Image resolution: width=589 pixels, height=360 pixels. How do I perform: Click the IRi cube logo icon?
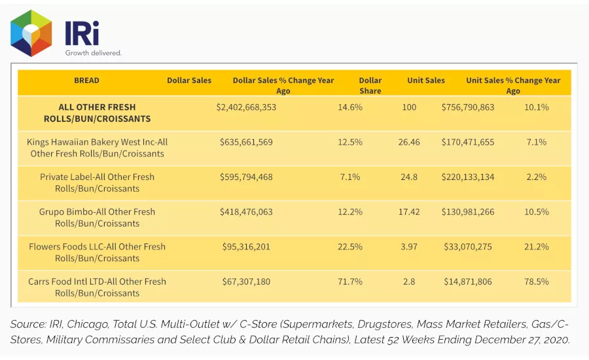(31, 33)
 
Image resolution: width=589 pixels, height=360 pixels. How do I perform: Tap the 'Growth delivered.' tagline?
(93, 53)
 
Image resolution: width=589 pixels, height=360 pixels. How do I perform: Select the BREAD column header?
(86, 81)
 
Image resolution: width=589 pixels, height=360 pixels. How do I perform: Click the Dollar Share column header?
(370, 86)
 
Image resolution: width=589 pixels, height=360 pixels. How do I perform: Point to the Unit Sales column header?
(426, 81)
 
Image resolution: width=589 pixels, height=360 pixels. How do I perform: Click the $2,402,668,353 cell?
(246, 107)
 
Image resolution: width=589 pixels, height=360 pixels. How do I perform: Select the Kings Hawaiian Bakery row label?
(97, 148)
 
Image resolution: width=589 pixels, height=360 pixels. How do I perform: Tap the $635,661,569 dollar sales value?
(246, 143)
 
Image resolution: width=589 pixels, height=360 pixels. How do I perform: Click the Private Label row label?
(97, 183)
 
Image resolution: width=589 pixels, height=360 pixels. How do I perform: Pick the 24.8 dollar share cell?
(409, 177)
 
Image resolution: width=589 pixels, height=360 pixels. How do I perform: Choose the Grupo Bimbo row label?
(97, 217)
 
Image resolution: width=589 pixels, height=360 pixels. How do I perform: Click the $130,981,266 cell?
(468, 212)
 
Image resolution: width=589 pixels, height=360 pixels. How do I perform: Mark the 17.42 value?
(409, 212)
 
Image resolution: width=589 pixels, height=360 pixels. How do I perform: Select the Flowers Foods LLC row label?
(97, 253)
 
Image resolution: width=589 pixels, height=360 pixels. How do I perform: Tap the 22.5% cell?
(350, 247)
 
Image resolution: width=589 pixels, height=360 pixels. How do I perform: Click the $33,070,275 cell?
(468, 247)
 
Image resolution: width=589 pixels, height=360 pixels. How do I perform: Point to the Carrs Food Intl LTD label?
(97, 287)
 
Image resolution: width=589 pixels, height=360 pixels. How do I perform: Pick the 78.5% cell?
(537, 282)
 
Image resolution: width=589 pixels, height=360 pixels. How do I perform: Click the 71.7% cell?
(350, 282)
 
